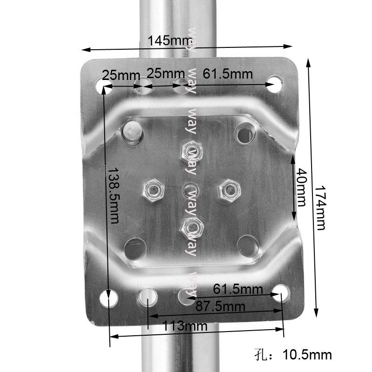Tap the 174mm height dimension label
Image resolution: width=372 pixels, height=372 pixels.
[320, 208]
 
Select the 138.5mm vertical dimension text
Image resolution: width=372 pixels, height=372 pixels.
[113, 196]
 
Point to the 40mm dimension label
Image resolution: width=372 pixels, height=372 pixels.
[301, 187]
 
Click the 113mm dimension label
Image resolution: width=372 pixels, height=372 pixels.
[185, 326]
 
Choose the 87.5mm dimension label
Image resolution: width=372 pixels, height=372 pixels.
[220, 306]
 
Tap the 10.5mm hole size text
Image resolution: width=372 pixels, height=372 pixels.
[307, 355]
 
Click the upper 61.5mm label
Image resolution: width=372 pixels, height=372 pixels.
[228, 74]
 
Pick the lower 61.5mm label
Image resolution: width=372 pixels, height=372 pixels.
[238, 289]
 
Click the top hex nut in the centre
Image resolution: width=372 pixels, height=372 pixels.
[192, 153]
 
